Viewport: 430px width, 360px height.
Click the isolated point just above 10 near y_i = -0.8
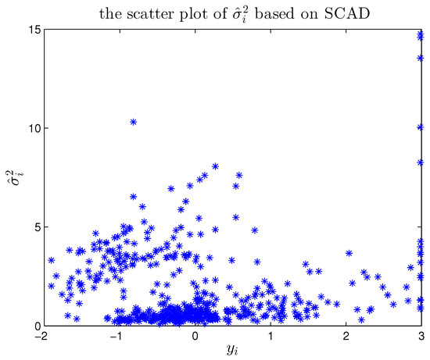point(134,123)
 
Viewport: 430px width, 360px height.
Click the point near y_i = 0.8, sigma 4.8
point(255,231)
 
